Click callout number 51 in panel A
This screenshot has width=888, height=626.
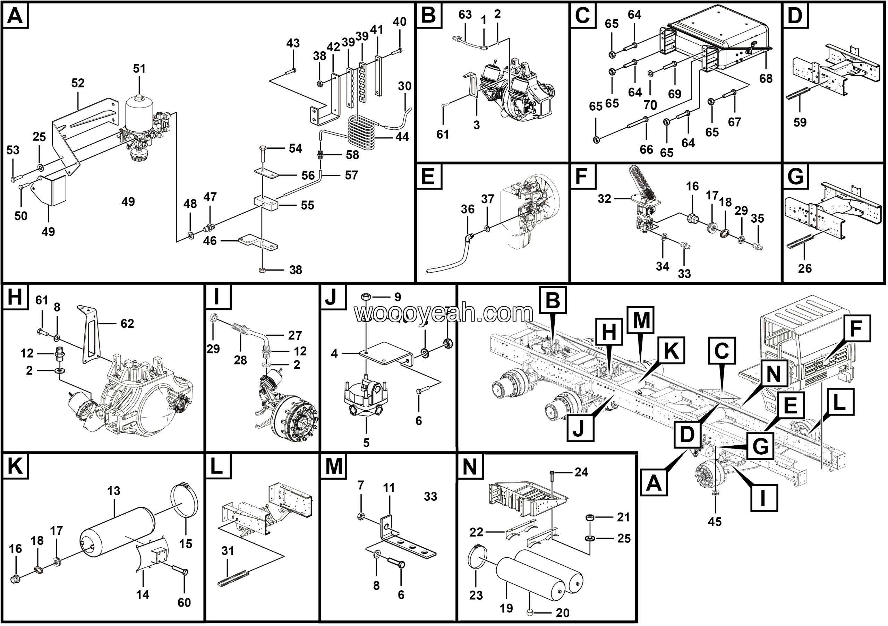(139, 68)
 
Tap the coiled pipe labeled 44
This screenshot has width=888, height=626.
(362, 134)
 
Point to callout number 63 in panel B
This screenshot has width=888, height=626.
(465, 15)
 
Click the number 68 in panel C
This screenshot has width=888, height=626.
(766, 78)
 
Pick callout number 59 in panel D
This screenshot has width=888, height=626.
(800, 122)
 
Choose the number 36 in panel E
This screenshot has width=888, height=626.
(468, 209)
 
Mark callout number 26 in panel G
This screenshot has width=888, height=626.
(805, 268)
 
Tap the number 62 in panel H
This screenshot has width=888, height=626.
(127, 324)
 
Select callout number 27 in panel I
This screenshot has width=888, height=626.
(295, 335)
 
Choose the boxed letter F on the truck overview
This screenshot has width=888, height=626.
(855, 328)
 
